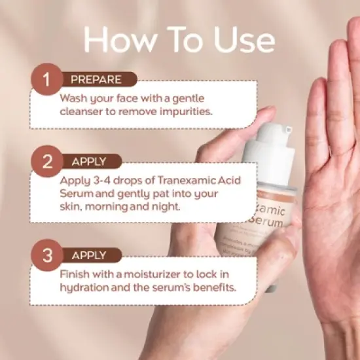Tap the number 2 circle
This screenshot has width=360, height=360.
click(46, 162)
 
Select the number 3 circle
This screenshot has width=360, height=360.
click(46, 255)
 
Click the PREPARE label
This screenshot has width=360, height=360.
click(96, 80)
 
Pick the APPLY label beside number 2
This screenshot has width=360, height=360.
click(89, 161)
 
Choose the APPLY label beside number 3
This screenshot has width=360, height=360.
click(89, 255)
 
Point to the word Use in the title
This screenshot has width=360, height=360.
click(243, 41)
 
